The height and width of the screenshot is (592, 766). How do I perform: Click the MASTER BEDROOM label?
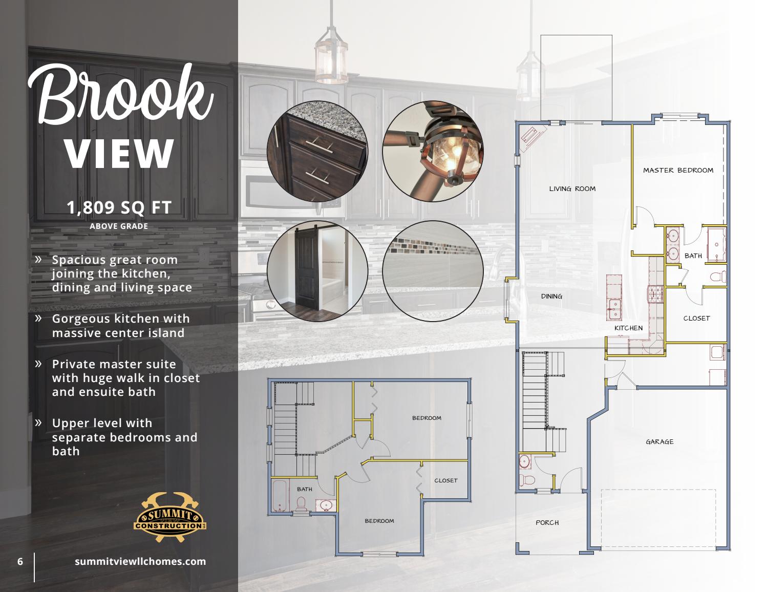pos(678,170)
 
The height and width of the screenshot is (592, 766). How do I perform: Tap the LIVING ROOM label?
pos(572,188)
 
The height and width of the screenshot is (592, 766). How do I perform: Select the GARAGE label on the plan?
pos(659,441)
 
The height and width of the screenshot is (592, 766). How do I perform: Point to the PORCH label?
pos(547,522)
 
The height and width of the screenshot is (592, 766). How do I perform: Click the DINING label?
pos(551,296)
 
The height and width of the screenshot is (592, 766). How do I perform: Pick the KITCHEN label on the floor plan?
pos(628,328)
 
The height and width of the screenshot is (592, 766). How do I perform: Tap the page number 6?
pos(20,561)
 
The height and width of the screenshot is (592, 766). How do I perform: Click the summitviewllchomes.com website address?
pos(140,561)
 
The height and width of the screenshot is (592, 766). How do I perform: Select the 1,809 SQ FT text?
pos(119,207)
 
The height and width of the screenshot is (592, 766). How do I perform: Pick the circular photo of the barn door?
pos(317,271)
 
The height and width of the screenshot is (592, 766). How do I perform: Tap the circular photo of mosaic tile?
pos(433,271)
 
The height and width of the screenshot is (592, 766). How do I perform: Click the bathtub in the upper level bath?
pos(280,496)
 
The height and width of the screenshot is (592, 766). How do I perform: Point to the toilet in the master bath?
pos(718,278)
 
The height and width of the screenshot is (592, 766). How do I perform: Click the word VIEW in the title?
pos(119,152)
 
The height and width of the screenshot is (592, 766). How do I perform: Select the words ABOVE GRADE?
pos(119,226)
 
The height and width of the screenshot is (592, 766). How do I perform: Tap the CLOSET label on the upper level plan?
pos(445,480)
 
